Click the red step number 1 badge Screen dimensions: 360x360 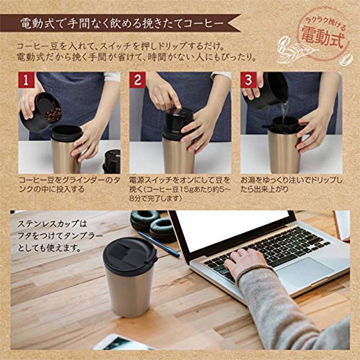pos(27,80)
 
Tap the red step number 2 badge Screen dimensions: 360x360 pos(138,80)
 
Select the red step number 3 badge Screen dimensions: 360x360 pos(248,80)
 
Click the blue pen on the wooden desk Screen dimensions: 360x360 pos(159,244)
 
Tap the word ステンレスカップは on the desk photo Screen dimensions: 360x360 pos(52,224)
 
